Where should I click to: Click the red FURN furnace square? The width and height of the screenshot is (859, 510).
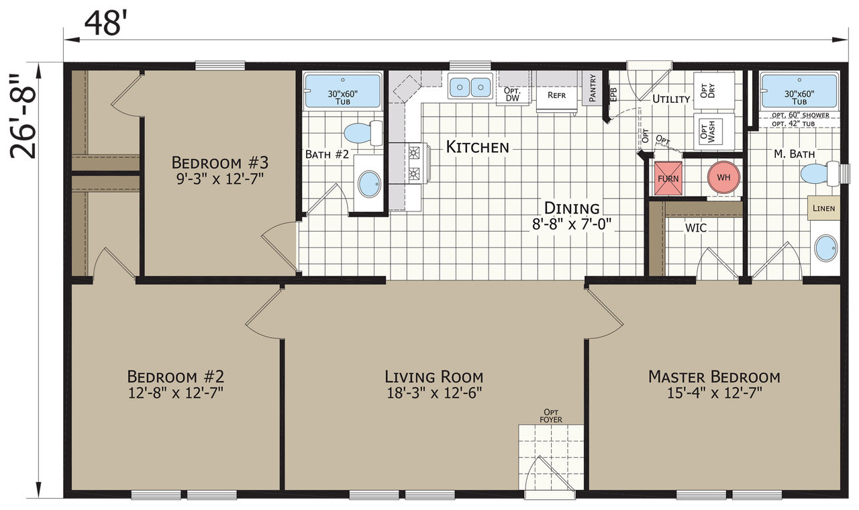point(668,178)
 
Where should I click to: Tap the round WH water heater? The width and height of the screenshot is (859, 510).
point(723,177)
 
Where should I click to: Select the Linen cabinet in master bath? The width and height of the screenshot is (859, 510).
point(823,208)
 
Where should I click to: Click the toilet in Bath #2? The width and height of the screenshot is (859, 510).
point(363,133)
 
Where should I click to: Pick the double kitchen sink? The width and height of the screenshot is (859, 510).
point(470,87)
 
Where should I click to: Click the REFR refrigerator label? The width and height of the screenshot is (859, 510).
point(556,95)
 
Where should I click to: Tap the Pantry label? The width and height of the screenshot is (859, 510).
point(593,89)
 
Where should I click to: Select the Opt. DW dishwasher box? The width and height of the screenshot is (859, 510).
point(512,95)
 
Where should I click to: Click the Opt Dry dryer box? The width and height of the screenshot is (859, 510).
point(713,91)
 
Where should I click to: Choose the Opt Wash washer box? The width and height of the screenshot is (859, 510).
point(713,132)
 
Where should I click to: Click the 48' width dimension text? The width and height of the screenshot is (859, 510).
point(103,23)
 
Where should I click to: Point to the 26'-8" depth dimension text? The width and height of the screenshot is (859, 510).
point(23,116)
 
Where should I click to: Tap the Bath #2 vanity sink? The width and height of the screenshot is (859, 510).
point(369,184)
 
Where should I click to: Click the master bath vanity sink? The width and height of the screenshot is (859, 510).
point(826,248)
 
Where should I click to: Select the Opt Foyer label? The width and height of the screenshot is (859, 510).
point(551,416)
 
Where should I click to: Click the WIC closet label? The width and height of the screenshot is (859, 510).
point(696,227)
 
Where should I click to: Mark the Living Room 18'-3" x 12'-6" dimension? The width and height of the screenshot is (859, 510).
point(434,393)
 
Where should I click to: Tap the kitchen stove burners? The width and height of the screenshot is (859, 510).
point(414,163)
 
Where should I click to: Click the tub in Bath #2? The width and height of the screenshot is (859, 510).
point(342,91)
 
